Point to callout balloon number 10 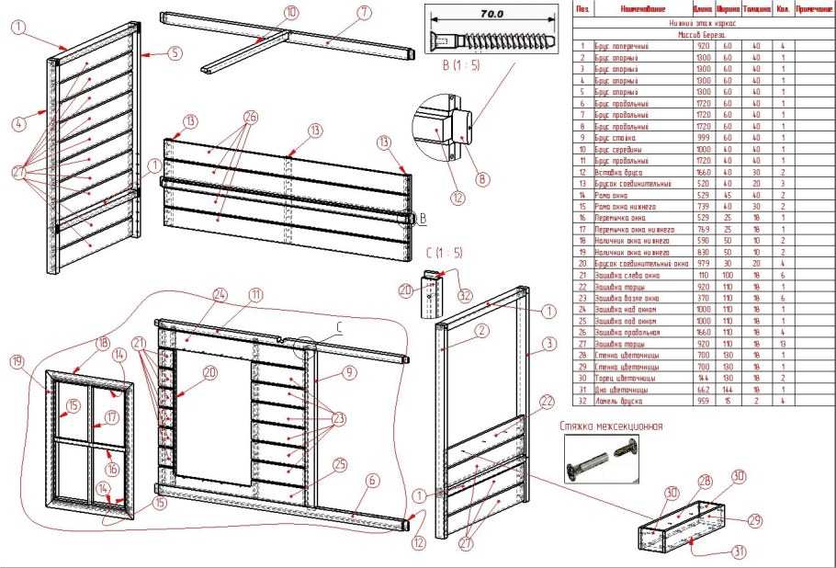[x=291, y=12]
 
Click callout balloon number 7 [x=364, y=12]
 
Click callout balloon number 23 [x=338, y=418]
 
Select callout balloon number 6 [x=373, y=481]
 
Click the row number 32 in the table [x=582, y=400]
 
